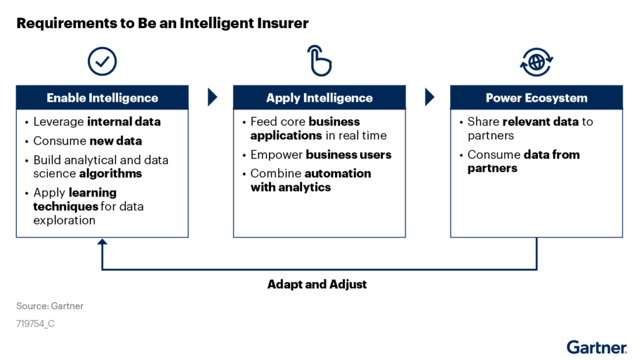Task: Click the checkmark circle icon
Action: (102, 62)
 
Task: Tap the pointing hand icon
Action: (319, 61)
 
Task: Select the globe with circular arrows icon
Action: (536, 62)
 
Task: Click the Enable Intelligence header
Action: (102, 98)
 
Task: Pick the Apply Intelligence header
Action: (319, 98)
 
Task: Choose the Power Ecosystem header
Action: (536, 98)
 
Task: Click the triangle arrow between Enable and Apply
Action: (212, 97)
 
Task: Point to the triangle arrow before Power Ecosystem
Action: (429, 97)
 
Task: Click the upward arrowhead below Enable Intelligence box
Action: (102, 241)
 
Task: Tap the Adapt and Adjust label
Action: (317, 285)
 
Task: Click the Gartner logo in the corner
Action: (597, 348)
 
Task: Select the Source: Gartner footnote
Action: (50, 306)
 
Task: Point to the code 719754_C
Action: (36, 324)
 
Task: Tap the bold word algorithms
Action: (110, 173)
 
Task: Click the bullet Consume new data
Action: (87, 141)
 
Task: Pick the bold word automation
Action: (338, 173)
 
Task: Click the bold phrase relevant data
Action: (540, 122)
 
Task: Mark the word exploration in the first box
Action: (64, 220)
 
